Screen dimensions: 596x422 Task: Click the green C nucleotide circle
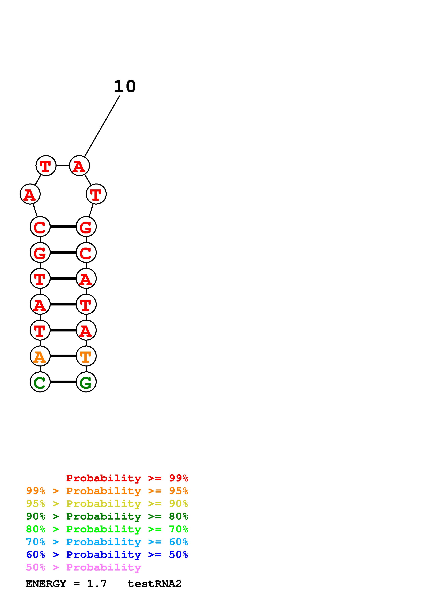(40, 382)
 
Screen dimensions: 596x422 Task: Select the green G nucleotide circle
(86, 382)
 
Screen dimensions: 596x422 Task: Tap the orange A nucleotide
(40, 356)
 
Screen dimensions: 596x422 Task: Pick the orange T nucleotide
(86, 356)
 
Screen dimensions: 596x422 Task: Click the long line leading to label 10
(102, 126)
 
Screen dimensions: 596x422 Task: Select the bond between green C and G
(63, 382)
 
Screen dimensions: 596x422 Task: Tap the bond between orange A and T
(63, 356)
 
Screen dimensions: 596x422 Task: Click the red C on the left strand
(40, 227)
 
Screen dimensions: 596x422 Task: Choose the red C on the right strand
(86, 252)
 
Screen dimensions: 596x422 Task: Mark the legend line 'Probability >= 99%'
(127, 478)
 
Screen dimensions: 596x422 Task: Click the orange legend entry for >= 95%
(107, 491)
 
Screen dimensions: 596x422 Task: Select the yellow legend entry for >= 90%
(107, 504)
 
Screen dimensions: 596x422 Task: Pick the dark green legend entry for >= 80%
(107, 516)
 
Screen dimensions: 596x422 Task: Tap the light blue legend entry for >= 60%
(107, 542)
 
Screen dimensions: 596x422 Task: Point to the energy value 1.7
(97, 584)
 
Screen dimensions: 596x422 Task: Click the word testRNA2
(154, 584)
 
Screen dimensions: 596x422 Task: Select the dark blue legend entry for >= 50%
(107, 555)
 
